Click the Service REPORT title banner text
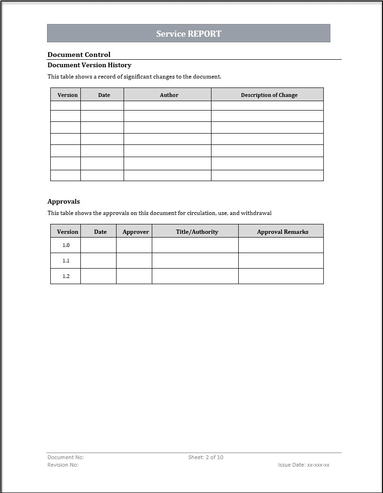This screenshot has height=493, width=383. [x=188, y=33]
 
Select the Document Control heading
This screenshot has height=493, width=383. [x=79, y=55]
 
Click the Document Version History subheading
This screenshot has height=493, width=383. [x=89, y=65]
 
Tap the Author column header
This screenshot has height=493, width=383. [x=169, y=95]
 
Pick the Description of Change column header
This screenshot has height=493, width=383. [x=269, y=95]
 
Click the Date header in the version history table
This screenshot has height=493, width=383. [x=104, y=95]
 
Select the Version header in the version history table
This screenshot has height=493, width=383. [x=67, y=95]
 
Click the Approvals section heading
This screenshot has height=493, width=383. [x=63, y=201]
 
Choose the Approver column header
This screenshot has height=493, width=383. [x=135, y=231]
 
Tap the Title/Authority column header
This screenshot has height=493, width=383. [x=197, y=231]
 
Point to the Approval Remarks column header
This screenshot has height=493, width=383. [x=282, y=231]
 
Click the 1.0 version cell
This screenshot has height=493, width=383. [x=66, y=245]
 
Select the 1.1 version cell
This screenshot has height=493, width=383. [x=66, y=261]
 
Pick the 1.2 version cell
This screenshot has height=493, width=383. [x=66, y=276]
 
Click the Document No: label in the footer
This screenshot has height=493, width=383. [x=66, y=457]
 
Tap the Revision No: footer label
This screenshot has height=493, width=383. [x=63, y=465]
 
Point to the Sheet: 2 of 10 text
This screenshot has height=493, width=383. [x=205, y=457]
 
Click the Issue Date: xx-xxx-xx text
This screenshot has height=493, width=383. [x=304, y=465]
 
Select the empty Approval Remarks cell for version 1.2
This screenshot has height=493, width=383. [x=281, y=276]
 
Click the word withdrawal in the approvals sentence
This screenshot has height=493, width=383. [x=256, y=213]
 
